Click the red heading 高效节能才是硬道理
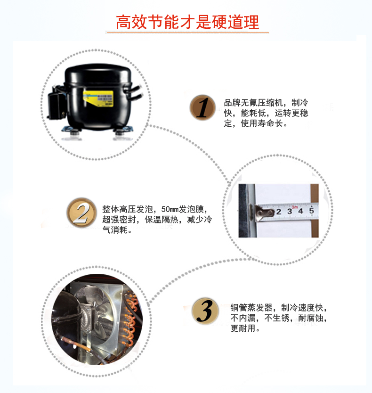click(x=187, y=22)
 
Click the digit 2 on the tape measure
click(x=278, y=212)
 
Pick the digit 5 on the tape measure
click(x=311, y=211)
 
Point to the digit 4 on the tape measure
click(x=300, y=211)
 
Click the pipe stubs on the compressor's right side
click(x=134, y=92)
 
